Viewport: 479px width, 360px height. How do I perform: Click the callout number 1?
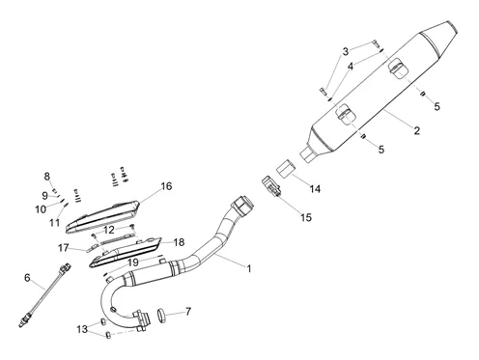click(x=248, y=268)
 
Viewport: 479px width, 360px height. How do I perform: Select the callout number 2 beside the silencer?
click(x=417, y=130)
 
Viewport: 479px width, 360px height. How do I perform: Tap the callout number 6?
click(x=27, y=277)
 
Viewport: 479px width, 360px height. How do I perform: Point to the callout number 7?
click(x=188, y=312)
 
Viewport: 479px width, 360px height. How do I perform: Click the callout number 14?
click(x=315, y=189)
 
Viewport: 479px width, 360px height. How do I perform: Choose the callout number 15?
click(x=306, y=217)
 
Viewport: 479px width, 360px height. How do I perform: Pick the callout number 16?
click(x=166, y=186)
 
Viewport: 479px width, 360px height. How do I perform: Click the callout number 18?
click(x=179, y=242)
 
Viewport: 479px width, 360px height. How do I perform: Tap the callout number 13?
click(x=82, y=329)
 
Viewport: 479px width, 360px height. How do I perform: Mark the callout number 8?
click(x=47, y=177)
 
